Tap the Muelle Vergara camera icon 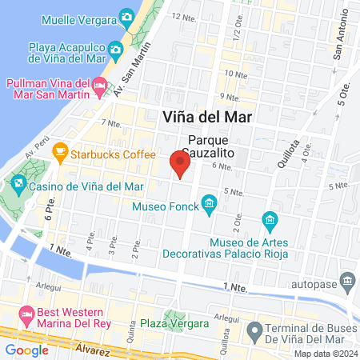126,16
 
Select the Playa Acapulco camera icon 115,50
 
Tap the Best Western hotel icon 27,313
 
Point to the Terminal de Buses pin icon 254,330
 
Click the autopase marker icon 347,282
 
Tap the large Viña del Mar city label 207,116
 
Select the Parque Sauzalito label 210,143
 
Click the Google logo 26,350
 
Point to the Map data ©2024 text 325,354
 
